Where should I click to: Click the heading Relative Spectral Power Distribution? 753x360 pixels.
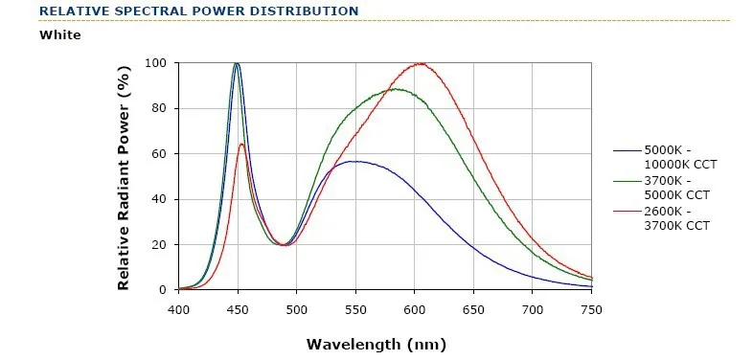[x=199, y=11]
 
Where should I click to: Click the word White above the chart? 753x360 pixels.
[x=60, y=35]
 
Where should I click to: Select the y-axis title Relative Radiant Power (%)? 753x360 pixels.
[x=124, y=176]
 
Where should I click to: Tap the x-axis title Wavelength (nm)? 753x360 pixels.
[x=376, y=344]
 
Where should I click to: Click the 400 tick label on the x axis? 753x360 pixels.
[x=178, y=310]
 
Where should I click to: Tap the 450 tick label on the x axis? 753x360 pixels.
[x=238, y=310]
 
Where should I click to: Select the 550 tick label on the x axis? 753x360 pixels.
[x=355, y=310]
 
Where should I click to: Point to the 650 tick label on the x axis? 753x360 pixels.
[x=474, y=310]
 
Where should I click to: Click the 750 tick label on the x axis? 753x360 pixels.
[x=591, y=310]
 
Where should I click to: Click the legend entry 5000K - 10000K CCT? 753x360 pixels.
[x=665, y=158]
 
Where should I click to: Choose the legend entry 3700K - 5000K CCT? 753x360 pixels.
[x=661, y=189]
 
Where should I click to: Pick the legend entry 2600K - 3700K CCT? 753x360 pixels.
[x=661, y=218]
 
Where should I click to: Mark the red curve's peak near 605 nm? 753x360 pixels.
[x=422, y=63]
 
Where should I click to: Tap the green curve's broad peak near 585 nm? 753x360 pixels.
[x=397, y=89]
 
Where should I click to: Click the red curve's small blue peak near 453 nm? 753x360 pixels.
[x=241, y=144]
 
